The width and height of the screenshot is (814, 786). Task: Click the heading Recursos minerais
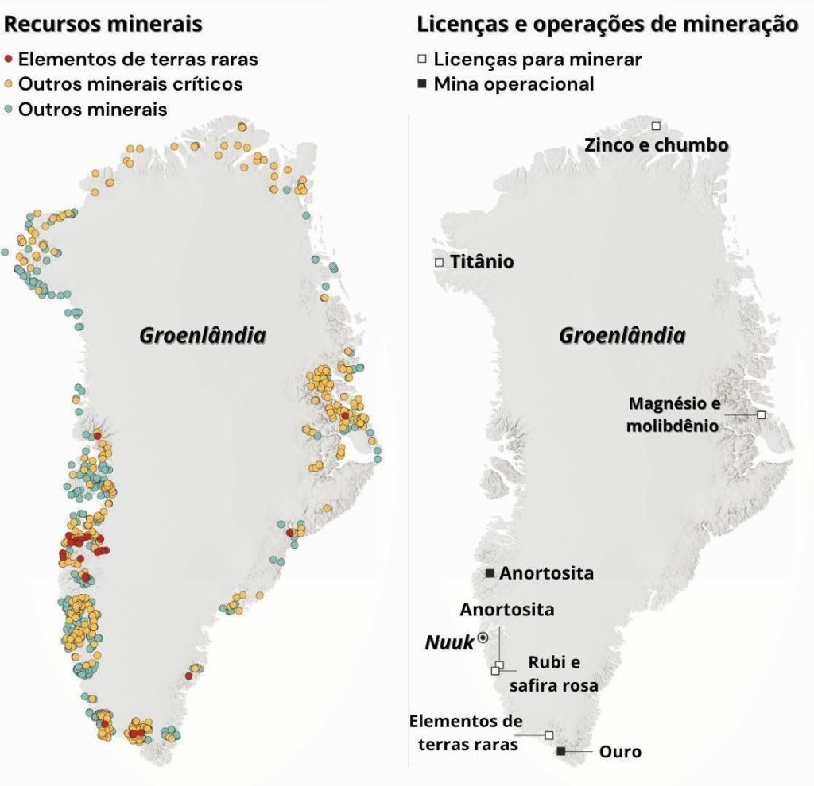[103, 24]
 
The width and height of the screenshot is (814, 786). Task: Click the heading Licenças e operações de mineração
[607, 24]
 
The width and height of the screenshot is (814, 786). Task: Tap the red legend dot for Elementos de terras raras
[9, 60]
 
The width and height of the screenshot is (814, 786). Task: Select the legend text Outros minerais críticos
[130, 84]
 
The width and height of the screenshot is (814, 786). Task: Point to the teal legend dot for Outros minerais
[9, 110]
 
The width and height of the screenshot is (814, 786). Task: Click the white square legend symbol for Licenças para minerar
[423, 60]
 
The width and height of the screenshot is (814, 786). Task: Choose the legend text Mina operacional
[514, 84]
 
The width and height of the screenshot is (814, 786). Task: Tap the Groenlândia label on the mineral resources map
[203, 336]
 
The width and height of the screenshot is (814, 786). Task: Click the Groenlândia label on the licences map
[622, 336]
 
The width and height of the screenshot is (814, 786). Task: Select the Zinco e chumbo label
[656, 145]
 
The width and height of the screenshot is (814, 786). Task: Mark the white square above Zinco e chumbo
[656, 126]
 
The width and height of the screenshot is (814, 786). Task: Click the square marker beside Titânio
[439, 262]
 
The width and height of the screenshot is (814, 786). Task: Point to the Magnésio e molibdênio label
[673, 414]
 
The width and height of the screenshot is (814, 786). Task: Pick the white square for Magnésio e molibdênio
[761, 414]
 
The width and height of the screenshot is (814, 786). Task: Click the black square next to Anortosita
[490, 573]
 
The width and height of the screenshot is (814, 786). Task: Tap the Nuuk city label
[449, 642]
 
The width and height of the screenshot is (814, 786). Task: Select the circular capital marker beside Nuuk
[483, 638]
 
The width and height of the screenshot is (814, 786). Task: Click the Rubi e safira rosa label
[554, 673]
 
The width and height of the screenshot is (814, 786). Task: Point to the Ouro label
[620, 751]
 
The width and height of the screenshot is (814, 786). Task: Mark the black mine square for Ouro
[561, 751]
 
